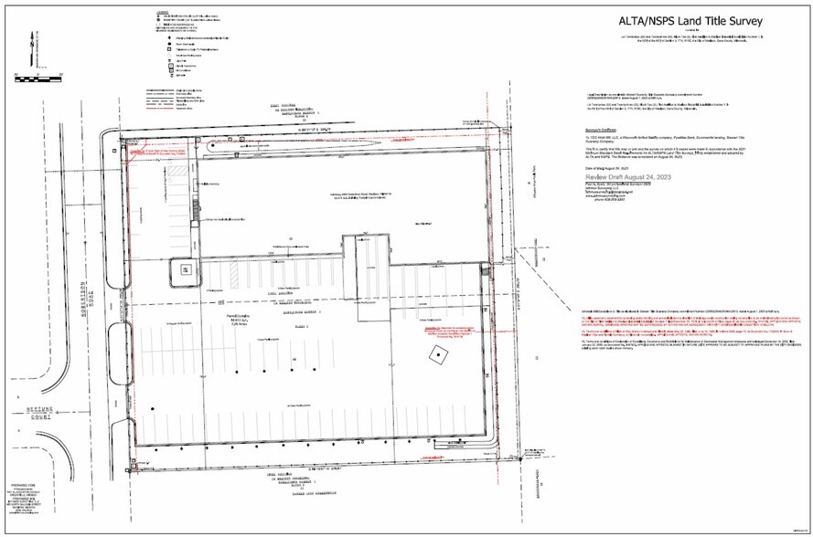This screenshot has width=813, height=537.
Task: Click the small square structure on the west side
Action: [185, 269]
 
